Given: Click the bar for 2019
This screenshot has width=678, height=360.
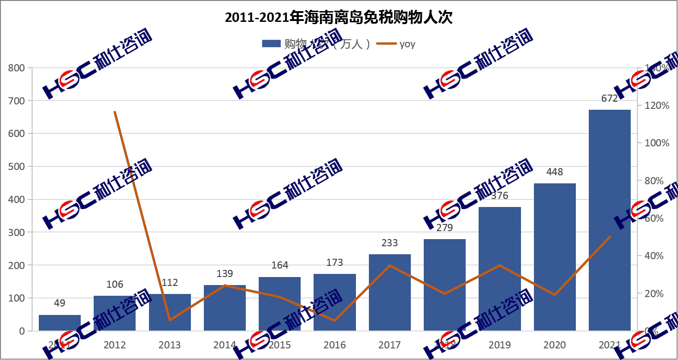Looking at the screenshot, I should click(x=500, y=269).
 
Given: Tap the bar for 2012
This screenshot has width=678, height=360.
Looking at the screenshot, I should click(x=115, y=313).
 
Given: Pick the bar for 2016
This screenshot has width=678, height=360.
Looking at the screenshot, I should click(x=335, y=302).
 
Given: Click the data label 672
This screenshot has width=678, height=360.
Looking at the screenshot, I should click(x=609, y=98).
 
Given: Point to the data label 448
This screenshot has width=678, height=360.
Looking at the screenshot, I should click(x=554, y=172).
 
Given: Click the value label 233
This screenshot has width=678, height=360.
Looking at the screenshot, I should click(x=389, y=243).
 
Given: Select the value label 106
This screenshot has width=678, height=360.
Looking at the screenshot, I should click(x=115, y=285).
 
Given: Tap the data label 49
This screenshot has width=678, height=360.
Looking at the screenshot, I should click(x=59, y=303).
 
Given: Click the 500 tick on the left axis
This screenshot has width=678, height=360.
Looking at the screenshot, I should click(x=17, y=166).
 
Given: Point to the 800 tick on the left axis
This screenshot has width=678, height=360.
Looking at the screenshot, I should click(x=17, y=68).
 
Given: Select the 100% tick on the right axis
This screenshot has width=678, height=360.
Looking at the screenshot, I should click(x=657, y=143).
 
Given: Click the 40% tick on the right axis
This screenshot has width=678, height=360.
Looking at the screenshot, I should click(x=654, y=256).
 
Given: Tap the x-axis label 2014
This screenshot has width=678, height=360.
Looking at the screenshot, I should click(x=224, y=345).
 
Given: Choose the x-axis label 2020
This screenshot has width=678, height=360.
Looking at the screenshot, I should click(x=554, y=345).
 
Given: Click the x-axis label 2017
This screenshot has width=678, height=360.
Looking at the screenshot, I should click(x=389, y=345).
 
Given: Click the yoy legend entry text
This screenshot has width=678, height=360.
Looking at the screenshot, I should click(x=407, y=44).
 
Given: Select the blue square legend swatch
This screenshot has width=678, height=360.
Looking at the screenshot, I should click(x=271, y=44).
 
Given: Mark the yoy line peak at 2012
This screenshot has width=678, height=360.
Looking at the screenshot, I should click(x=115, y=112).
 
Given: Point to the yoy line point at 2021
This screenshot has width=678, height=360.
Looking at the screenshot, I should click(x=609, y=237).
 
